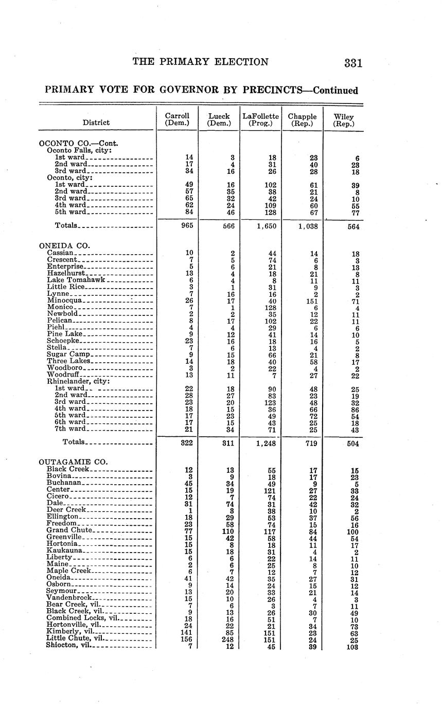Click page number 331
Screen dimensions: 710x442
point(353,63)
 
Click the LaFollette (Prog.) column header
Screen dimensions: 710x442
point(260,120)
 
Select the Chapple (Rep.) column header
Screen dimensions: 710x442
point(303,120)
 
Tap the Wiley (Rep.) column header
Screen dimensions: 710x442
point(344,120)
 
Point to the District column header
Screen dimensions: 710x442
point(96,122)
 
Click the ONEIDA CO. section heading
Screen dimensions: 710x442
point(61,245)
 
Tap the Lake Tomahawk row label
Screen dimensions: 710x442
point(76,280)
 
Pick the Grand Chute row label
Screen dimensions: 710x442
point(69,529)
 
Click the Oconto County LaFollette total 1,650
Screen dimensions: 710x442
point(266,225)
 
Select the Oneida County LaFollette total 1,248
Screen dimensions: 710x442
point(266,442)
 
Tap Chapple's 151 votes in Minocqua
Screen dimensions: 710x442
point(311,300)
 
